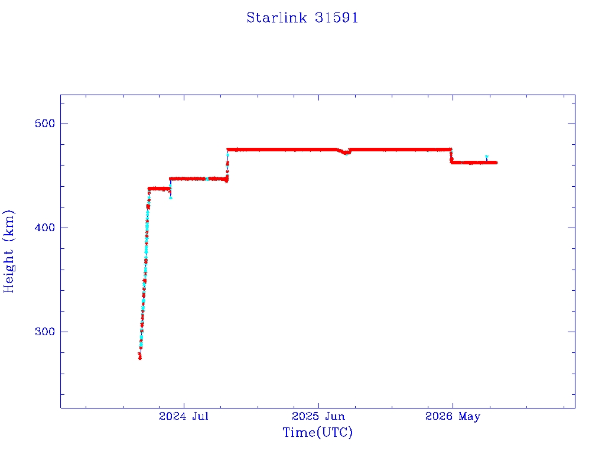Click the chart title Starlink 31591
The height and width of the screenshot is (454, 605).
pos(302,18)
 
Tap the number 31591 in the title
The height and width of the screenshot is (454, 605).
pos(337,18)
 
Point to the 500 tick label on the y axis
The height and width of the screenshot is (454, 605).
pos(45,124)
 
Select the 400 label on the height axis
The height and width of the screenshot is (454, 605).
pos(45,228)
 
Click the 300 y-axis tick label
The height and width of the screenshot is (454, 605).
pos(45,332)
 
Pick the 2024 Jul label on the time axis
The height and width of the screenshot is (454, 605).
pos(184,416)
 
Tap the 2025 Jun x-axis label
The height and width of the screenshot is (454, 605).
pos(318,416)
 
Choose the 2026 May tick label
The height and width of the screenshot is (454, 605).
pos(453,417)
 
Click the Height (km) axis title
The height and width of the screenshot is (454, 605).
pos(8,251)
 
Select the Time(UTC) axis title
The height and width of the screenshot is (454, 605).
pos(317,432)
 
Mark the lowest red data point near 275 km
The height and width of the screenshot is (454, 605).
pos(139,358)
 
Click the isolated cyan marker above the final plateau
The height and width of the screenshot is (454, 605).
pos(487,157)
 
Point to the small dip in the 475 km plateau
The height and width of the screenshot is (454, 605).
pos(344,152)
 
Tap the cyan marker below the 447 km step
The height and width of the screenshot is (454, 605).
pos(171,197)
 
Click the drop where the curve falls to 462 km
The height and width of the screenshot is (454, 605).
pos(451,155)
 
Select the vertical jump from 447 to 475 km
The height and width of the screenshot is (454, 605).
pos(227,165)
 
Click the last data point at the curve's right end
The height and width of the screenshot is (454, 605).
pos(496,163)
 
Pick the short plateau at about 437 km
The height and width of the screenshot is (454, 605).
pos(159,189)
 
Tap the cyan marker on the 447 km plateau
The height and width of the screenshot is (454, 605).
pos(207,179)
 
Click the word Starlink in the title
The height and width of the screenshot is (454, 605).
pos(277,18)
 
